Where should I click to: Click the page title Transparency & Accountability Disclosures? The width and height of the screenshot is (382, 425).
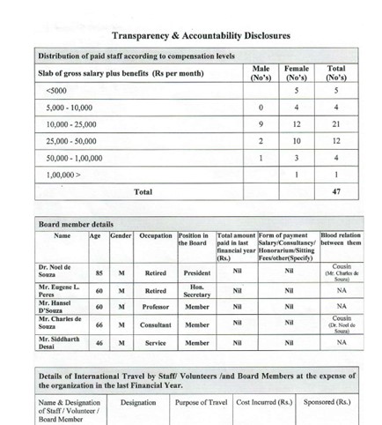[201, 37]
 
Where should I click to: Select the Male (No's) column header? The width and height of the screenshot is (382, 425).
[261, 71]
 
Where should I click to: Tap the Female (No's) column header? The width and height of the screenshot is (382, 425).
[298, 71]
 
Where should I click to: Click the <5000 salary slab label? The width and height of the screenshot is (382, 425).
[55, 90]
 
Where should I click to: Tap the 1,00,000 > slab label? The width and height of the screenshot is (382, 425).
[62, 174]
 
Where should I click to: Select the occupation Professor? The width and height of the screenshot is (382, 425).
[156, 307]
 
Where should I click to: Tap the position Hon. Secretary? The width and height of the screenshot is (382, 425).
[196, 290]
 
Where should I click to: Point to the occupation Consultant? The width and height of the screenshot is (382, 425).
[156, 324]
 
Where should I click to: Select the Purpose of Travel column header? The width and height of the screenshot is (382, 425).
[202, 401]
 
